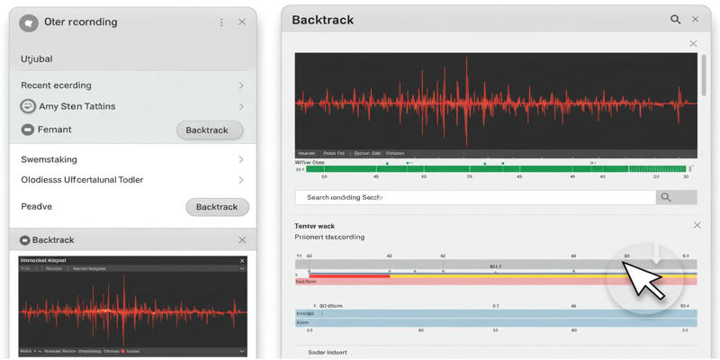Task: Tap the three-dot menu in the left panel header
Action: click(221, 22)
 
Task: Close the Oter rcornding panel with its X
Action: click(242, 22)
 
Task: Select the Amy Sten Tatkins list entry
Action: click(76, 106)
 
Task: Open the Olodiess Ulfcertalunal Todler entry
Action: click(82, 180)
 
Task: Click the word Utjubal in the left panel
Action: click(37, 59)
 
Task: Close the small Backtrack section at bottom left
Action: click(242, 240)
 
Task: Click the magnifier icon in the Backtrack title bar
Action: click(675, 19)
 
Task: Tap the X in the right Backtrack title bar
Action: click(696, 19)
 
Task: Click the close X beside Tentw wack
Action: click(697, 225)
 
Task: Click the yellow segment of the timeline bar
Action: click(495, 275)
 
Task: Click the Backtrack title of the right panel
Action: click(323, 20)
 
